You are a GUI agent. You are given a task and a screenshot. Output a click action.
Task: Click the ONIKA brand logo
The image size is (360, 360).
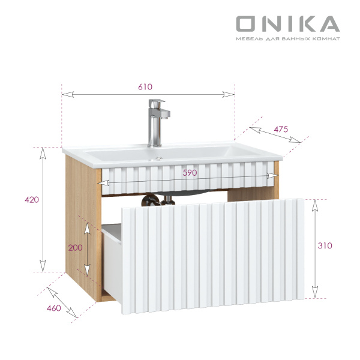point(287,23)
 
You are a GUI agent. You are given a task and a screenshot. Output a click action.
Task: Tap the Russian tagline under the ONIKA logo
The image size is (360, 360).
point(287,39)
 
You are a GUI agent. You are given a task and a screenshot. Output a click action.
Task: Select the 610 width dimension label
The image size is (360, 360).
point(145,86)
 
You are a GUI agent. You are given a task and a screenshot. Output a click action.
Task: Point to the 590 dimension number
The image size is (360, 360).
point(190,172)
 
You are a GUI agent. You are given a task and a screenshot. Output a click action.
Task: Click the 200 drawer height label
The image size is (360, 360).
point(76,247)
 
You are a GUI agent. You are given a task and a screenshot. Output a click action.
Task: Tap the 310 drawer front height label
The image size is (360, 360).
point(325,245)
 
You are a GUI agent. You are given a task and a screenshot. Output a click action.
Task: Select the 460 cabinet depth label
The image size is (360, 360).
point(54,308)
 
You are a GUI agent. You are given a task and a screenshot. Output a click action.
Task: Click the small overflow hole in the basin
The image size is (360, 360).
point(159,159)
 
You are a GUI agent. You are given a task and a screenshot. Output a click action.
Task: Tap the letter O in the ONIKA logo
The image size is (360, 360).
point(247,23)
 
